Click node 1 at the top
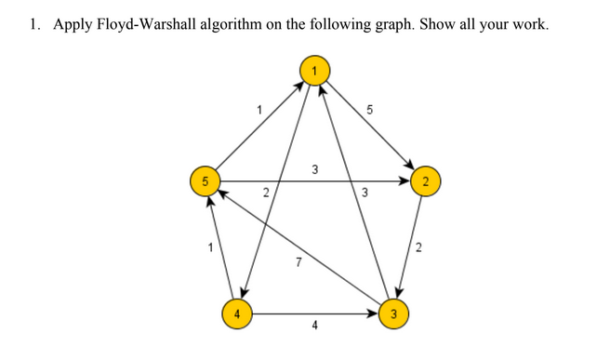pyautogui.click(x=314, y=69)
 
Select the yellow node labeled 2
pyautogui.click(x=424, y=181)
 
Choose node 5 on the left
pyautogui.click(x=204, y=181)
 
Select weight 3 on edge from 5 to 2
pyautogui.click(x=314, y=169)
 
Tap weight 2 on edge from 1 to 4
pyautogui.click(x=266, y=193)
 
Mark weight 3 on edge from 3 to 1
pyautogui.click(x=365, y=193)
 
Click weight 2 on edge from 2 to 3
pyautogui.click(x=418, y=247)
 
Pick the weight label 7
pyautogui.click(x=298, y=263)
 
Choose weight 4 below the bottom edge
pyautogui.click(x=314, y=327)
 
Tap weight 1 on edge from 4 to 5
pyautogui.click(x=211, y=247)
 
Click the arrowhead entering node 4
pyautogui.click(x=246, y=293)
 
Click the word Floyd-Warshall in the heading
pyautogui.click(x=149, y=24)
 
